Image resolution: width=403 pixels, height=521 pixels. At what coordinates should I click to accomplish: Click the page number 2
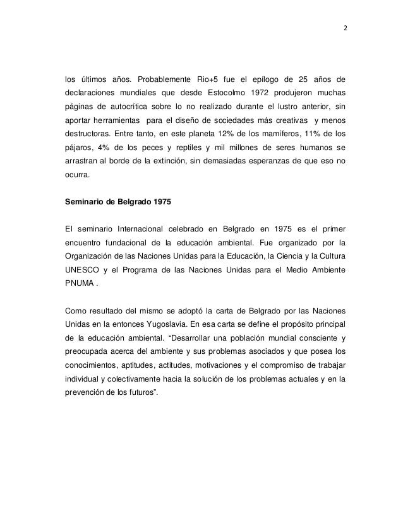point(346,28)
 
